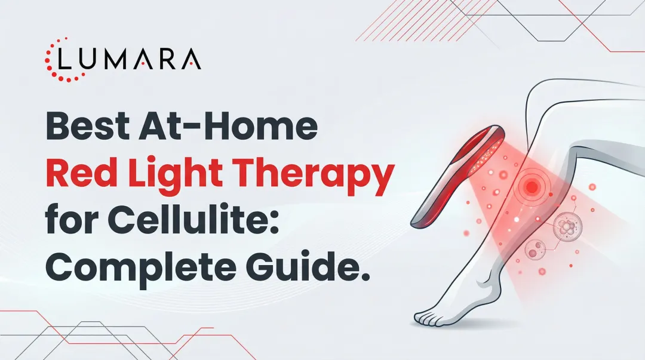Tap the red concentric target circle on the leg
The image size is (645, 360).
pos(531,186)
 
